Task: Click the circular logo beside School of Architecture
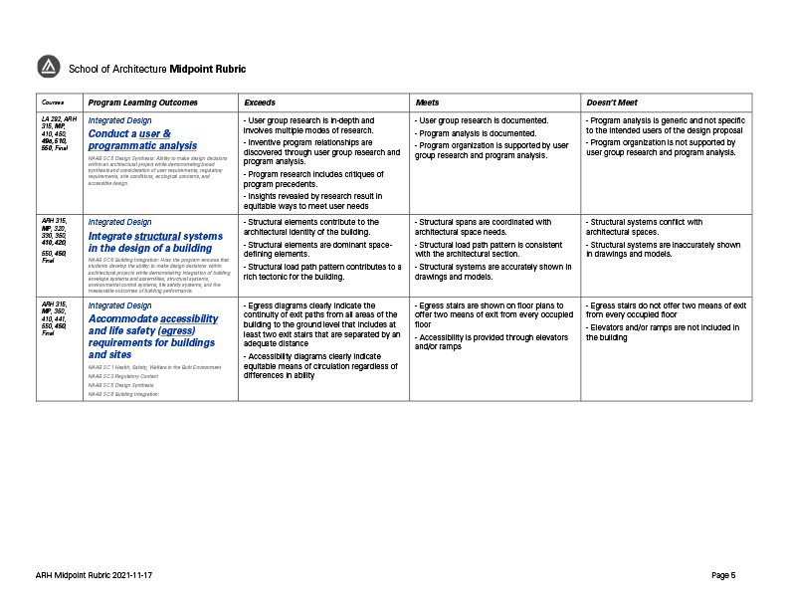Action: (49, 68)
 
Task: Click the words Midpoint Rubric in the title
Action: (207, 69)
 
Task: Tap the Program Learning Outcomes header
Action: (143, 102)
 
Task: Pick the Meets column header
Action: (427, 102)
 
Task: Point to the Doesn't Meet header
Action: (612, 102)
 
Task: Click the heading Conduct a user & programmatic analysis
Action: (142, 139)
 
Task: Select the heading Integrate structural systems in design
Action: (155, 242)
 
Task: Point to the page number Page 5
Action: (723, 575)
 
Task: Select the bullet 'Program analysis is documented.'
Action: (477, 133)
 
